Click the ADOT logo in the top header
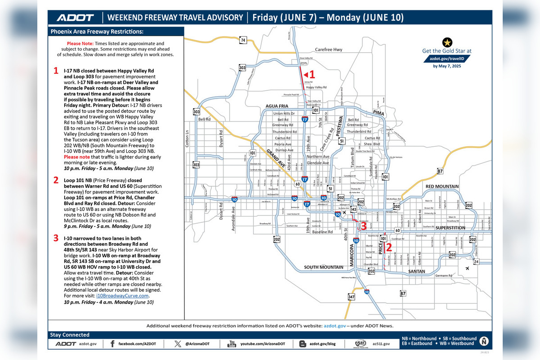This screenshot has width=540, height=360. pyautogui.click(x=75, y=18)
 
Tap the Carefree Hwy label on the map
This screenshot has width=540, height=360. pyautogui.click(x=329, y=49)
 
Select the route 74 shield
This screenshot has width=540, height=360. pyautogui.click(x=243, y=40)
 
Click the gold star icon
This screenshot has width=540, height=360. pyautogui.click(x=447, y=42)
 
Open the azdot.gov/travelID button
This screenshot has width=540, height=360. pyautogui.click(x=447, y=59)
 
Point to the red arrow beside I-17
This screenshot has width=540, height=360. pyautogui.click(x=306, y=75)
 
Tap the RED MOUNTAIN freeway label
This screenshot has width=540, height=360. pyautogui.click(x=442, y=186)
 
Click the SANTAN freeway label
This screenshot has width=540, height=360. pyautogui.click(x=417, y=271)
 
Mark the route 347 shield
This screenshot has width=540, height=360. pyautogui.click(x=351, y=297)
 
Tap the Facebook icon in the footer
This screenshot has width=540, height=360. pyautogui.click(x=112, y=344)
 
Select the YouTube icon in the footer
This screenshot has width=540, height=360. pyautogui.click(x=232, y=344)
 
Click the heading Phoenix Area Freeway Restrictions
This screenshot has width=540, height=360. pyautogui.click(x=97, y=31)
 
